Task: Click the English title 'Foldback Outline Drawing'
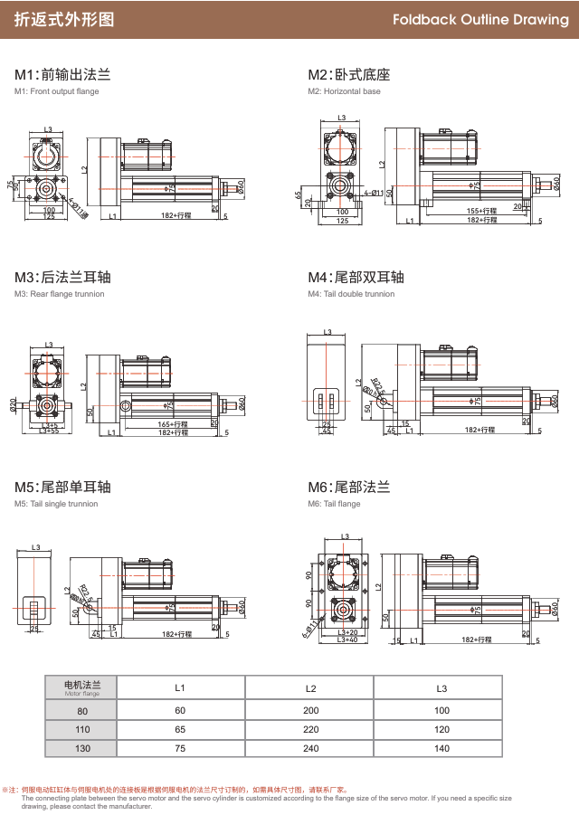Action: click(x=479, y=20)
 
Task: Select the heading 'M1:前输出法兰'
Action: click(x=62, y=75)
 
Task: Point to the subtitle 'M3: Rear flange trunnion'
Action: click(x=59, y=294)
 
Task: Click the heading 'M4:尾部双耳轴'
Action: click(x=356, y=278)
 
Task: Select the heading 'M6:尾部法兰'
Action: click(x=349, y=488)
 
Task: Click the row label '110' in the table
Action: click(x=82, y=729)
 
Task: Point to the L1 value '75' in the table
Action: click(x=180, y=749)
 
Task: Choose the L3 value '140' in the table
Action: click(x=442, y=749)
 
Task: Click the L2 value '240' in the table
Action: click(x=311, y=749)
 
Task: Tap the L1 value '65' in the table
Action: click(x=180, y=729)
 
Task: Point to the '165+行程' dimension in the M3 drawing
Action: click(x=173, y=423)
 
